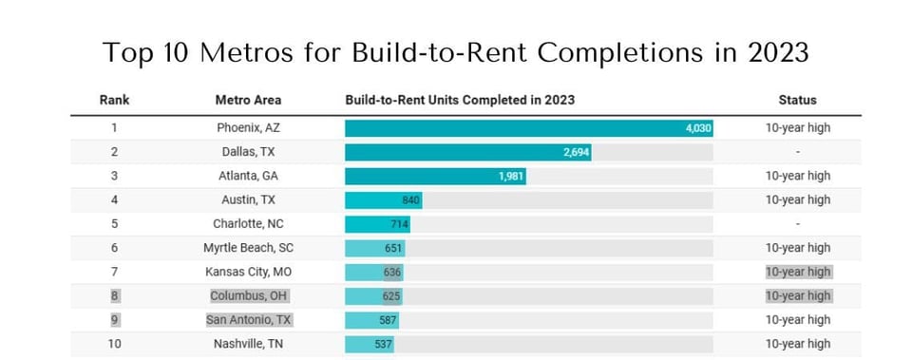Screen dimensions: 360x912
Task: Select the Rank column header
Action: point(114,100)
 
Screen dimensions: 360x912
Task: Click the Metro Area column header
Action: point(248,100)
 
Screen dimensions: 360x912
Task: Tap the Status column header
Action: point(797,100)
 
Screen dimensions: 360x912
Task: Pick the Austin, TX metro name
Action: point(248,199)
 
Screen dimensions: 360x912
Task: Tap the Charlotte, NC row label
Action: point(248,224)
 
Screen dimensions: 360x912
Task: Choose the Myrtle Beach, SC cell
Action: point(248,248)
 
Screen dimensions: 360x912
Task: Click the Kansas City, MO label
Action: point(248,272)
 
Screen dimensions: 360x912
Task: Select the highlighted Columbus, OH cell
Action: point(248,295)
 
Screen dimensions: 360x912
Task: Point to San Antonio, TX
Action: point(248,320)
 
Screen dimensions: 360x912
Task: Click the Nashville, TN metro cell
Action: point(248,344)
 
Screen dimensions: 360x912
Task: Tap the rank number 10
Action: point(114,344)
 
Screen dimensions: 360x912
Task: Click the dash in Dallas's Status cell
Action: point(797,152)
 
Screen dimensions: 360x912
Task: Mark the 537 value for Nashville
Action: point(382,344)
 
